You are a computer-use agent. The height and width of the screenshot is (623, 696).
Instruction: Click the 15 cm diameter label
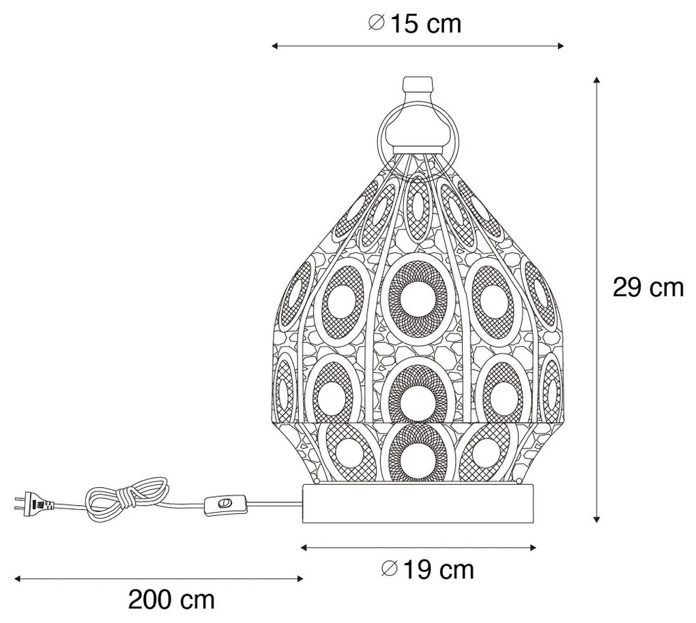tap(415, 23)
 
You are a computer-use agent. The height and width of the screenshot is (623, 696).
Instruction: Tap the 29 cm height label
tap(648, 288)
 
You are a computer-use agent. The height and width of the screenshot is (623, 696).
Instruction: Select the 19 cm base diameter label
tap(428, 569)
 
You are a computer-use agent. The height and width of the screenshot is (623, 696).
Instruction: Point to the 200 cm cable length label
tap(171, 600)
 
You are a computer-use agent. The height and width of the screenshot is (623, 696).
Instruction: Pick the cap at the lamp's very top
tap(418, 87)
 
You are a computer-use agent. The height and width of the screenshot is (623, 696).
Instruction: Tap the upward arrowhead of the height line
tap(597, 82)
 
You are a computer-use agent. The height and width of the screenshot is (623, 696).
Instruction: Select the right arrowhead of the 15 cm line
tap(561, 46)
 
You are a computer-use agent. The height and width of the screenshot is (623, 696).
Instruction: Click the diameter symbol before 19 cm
tap(389, 569)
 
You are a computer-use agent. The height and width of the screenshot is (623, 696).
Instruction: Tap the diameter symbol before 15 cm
tap(376, 23)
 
